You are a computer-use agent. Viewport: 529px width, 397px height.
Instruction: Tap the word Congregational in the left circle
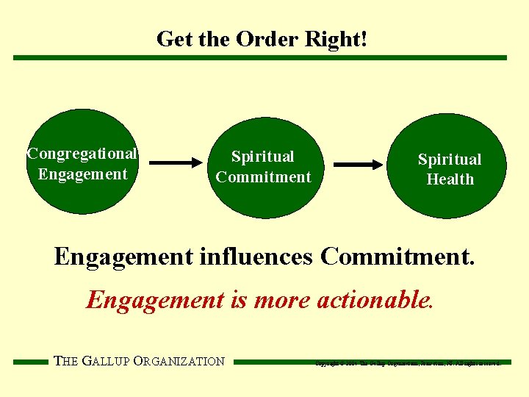[82, 154]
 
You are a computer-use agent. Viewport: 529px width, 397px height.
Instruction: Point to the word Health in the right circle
[450, 179]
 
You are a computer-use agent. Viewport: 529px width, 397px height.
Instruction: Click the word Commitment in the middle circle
[264, 177]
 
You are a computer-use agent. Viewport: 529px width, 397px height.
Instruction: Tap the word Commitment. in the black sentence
[397, 257]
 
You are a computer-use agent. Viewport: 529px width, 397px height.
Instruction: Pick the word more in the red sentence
[282, 300]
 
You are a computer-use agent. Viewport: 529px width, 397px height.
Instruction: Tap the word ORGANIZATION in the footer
[184, 361]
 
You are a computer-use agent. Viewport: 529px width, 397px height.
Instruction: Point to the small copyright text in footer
[408, 362]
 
